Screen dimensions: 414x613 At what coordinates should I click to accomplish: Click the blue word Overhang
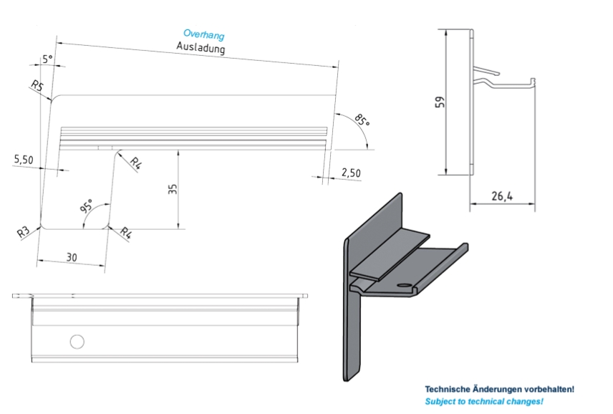coord(203,34)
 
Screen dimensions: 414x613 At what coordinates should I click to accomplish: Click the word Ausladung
coord(201,48)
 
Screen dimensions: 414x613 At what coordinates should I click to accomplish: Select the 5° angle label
coord(48,60)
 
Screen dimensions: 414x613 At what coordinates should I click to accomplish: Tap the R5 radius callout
coord(39,87)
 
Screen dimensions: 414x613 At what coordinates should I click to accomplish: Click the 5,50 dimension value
coord(24,159)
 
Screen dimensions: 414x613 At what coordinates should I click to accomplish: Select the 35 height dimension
coord(173,189)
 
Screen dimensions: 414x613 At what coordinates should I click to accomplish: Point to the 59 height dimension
coord(440,101)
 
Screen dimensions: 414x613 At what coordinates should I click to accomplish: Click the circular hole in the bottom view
coord(77,341)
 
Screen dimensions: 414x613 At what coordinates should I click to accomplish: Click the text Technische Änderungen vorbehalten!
coord(499,389)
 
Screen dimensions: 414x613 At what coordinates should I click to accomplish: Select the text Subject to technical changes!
coord(484,401)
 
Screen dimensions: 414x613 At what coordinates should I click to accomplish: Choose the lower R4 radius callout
coord(125,233)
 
